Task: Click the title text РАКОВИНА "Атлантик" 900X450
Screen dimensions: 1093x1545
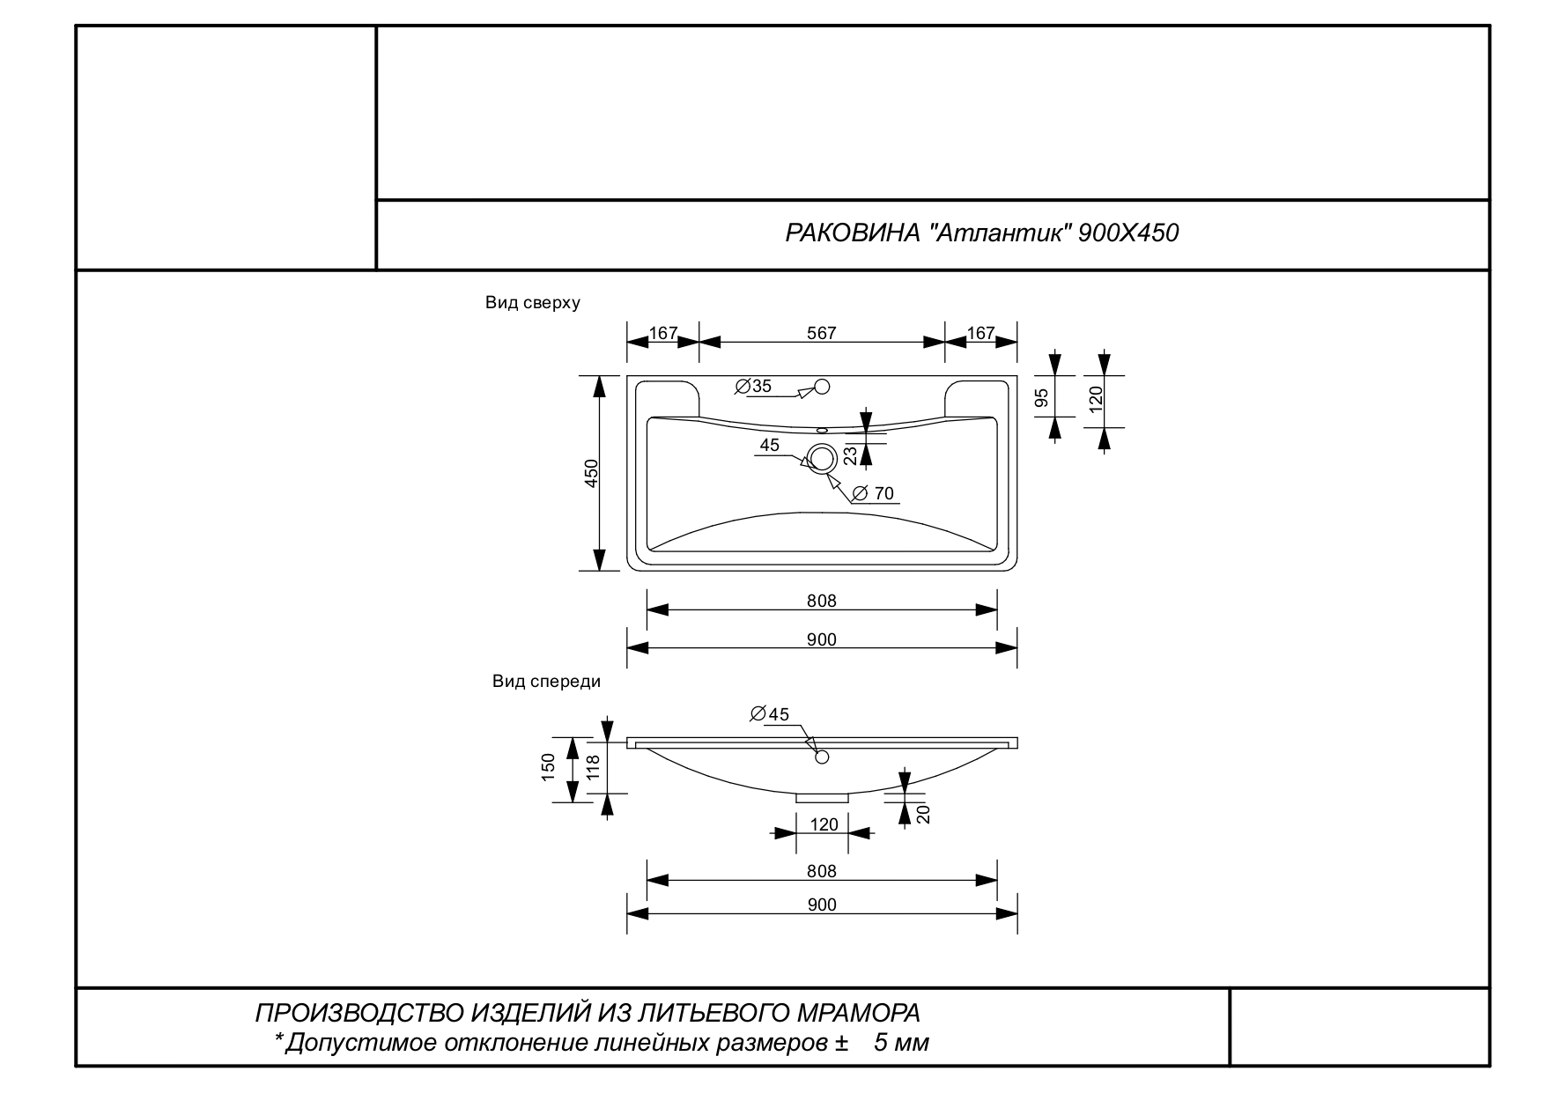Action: [x=981, y=233]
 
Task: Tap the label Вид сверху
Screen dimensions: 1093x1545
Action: [x=532, y=303]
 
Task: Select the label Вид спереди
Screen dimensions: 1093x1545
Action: [x=546, y=682]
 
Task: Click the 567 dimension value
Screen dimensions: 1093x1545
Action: [x=821, y=334]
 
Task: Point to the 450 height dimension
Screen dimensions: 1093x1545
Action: [x=592, y=473]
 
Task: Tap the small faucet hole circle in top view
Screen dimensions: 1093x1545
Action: [x=823, y=386]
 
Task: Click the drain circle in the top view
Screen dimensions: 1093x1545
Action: [x=823, y=458]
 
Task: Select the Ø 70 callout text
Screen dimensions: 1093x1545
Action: [x=873, y=493]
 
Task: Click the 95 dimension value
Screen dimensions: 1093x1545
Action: [x=1042, y=398]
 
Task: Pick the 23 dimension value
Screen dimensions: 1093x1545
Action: [x=850, y=454]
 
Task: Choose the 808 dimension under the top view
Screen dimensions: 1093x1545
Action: [x=821, y=601]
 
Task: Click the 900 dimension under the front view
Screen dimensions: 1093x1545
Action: [x=821, y=905]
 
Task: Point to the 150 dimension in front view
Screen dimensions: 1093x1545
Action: [x=548, y=766]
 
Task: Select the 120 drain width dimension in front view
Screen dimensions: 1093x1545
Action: [x=824, y=825]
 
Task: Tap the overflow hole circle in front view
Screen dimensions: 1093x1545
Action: [x=823, y=757]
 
